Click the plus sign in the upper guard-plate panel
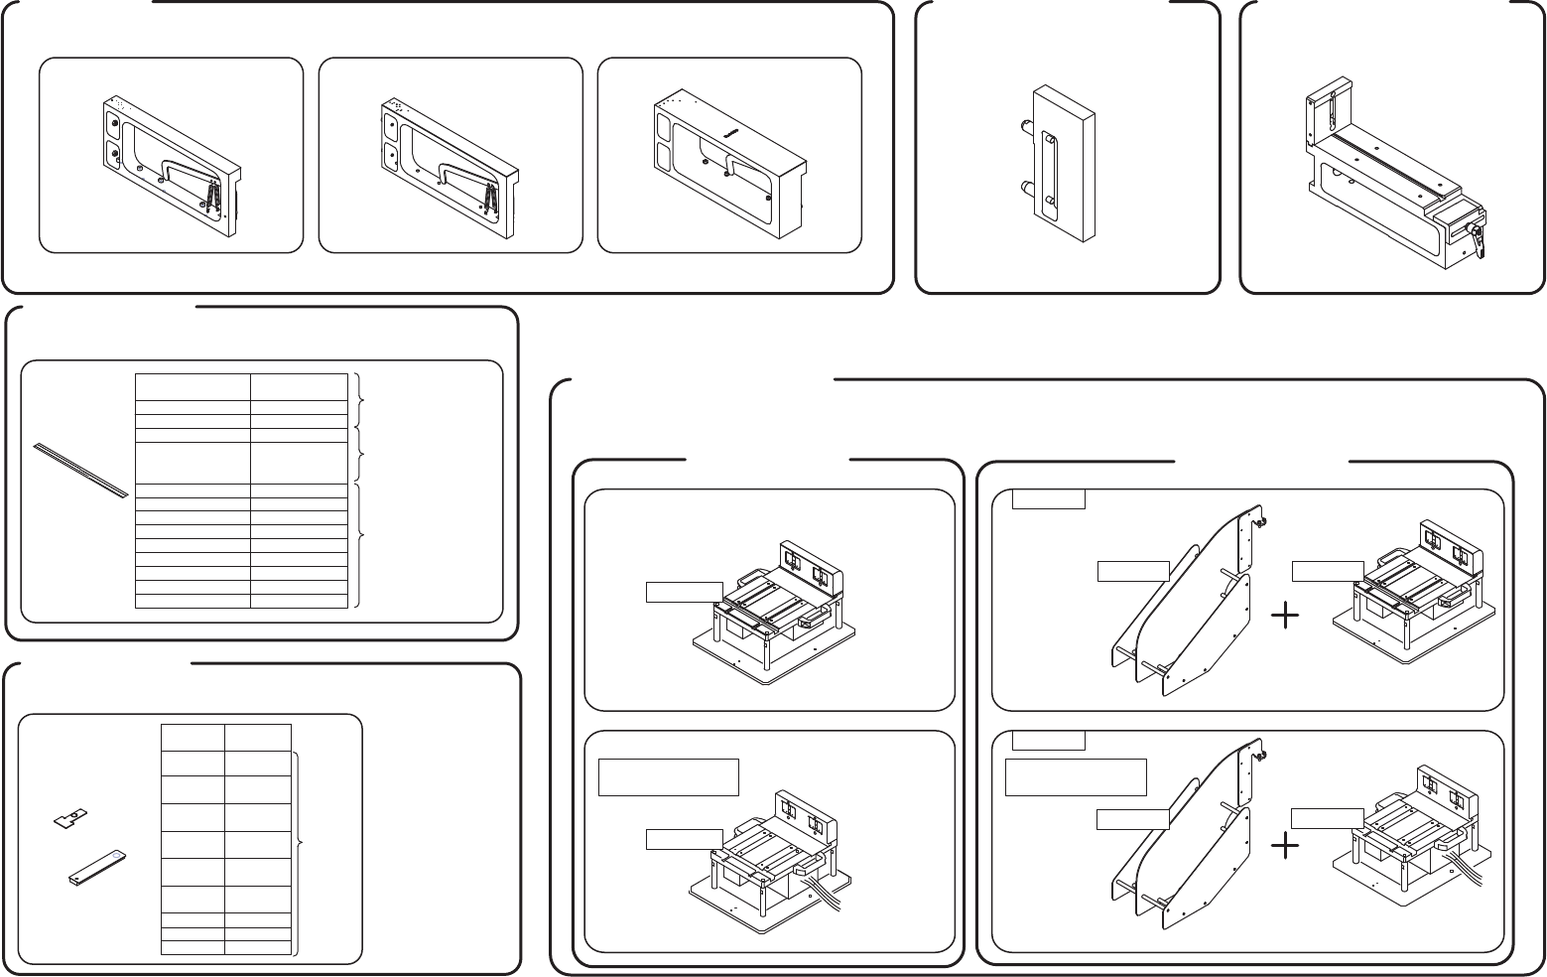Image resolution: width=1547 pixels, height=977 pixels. [1285, 618]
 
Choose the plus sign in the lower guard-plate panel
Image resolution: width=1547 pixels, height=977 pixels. [1285, 846]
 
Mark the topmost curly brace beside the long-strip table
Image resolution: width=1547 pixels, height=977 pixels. [359, 399]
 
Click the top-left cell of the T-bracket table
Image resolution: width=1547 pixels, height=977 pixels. [193, 737]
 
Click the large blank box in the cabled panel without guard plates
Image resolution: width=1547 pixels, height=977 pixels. [669, 777]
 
